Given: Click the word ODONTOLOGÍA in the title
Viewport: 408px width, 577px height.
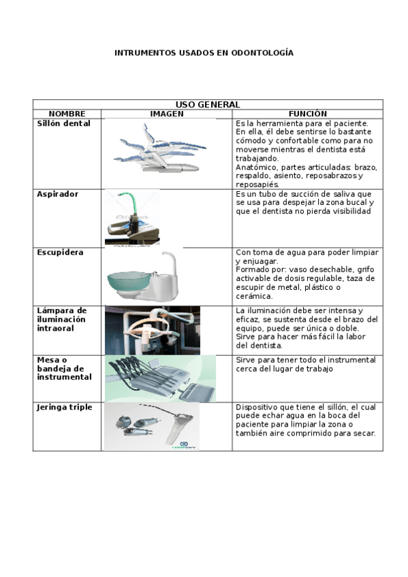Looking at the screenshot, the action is coord(262,53).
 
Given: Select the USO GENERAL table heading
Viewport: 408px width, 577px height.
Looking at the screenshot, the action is coord(208,105).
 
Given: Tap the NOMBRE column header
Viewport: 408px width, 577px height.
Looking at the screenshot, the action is coord(67,114).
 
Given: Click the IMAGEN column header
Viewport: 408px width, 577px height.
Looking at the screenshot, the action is coord(167,114).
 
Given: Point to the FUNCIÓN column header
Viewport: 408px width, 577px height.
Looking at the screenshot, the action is coord(307,114).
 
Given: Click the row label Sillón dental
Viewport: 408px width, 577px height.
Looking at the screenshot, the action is coord(64,123).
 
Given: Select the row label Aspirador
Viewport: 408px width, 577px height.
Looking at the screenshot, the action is coord(57,194).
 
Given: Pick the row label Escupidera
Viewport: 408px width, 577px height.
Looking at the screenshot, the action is coord(60,252).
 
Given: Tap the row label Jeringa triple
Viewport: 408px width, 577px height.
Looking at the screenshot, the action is coord(65,408).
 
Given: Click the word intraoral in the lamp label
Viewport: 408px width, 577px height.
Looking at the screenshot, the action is coord(55,328).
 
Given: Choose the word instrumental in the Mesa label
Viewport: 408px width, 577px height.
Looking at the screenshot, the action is coord(64,377).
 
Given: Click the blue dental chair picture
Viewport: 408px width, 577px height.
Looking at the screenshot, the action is coord(160,148).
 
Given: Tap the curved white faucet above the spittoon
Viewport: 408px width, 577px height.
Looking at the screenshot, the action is coord(170,264).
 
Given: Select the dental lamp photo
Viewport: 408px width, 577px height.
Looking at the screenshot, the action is coord(153,330).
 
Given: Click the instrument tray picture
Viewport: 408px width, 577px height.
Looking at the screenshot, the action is coord(160,378).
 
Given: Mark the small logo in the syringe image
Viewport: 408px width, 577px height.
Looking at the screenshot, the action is coord(183,445).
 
